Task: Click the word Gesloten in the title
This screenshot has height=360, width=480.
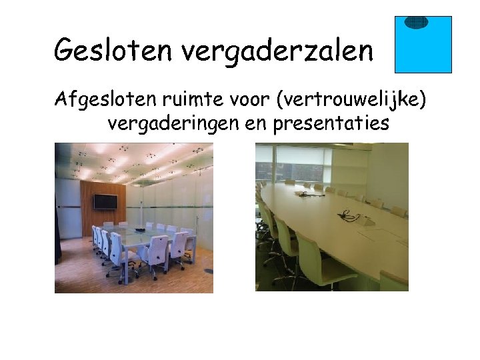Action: pos(106,49)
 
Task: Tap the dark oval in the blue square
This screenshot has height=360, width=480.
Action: pos(416,22)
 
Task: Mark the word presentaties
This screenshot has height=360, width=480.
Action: pos(331,125)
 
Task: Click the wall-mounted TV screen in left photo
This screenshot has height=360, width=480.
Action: pos(105,202)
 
